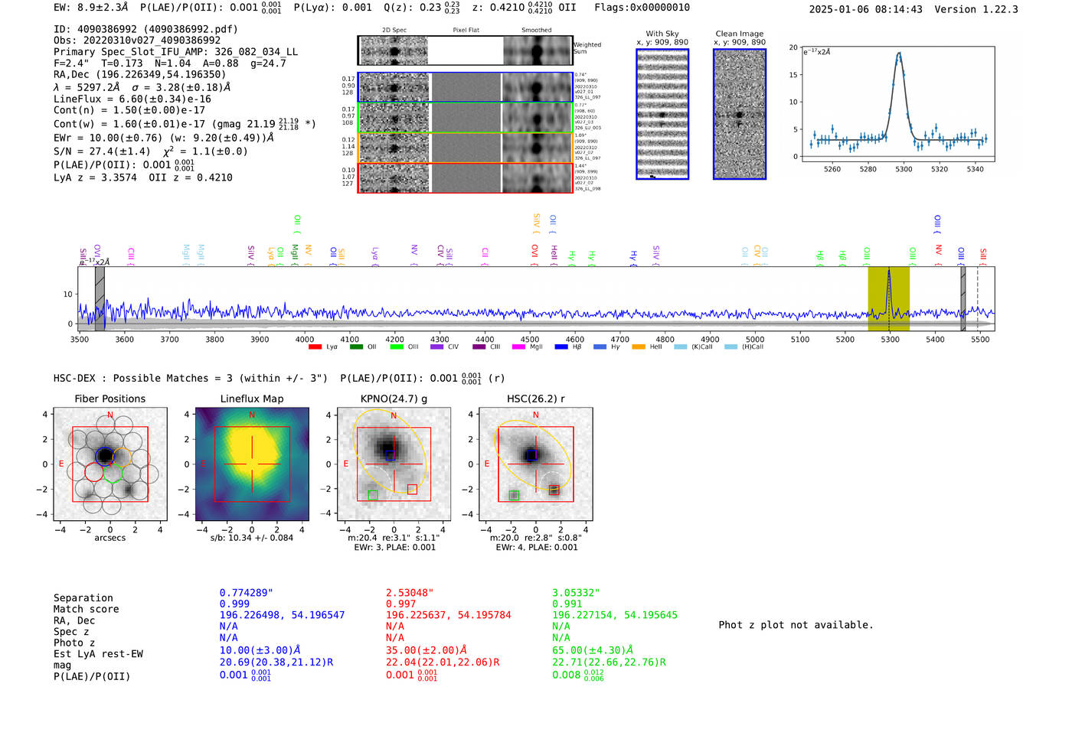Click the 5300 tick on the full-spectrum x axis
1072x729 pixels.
[890, 339]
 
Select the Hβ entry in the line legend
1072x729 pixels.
[577, 347]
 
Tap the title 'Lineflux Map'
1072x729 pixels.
[251, 399]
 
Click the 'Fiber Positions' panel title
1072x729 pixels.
[109, 399]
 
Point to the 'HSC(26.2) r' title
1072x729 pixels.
[535, 399]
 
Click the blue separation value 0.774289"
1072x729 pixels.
[246, 593]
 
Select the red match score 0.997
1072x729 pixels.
[400, 604]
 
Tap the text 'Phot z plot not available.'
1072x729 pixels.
[796, 625]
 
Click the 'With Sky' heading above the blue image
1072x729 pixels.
[662, 34]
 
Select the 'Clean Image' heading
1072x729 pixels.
[739, 34]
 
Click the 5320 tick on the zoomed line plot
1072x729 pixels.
[939, 169]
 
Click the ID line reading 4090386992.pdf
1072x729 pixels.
[145, 29]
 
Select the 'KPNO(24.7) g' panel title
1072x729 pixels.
[394, 399]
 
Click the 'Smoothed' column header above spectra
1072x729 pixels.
[536, 31]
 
